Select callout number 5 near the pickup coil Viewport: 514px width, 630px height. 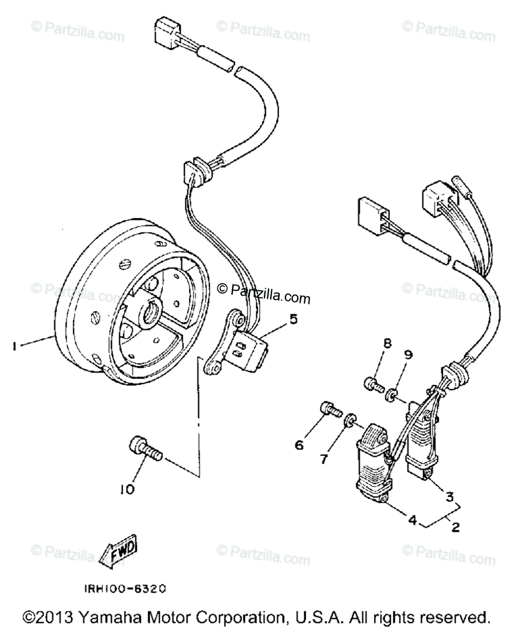coord(293,318)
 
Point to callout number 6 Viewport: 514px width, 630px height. coord(299,445)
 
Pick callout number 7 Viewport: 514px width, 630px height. coord(324,459)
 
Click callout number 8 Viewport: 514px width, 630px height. coord(387,344)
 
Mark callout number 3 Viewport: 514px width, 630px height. coord(450,496)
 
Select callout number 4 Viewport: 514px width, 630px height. coord(413,520)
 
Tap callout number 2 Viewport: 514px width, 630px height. coord(455,527)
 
